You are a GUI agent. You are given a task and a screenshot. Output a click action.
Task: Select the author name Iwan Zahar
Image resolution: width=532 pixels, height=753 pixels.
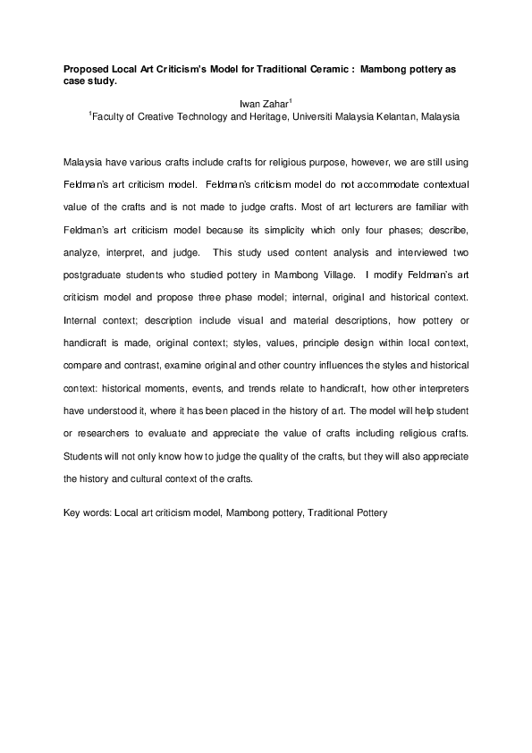pos(266,105)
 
